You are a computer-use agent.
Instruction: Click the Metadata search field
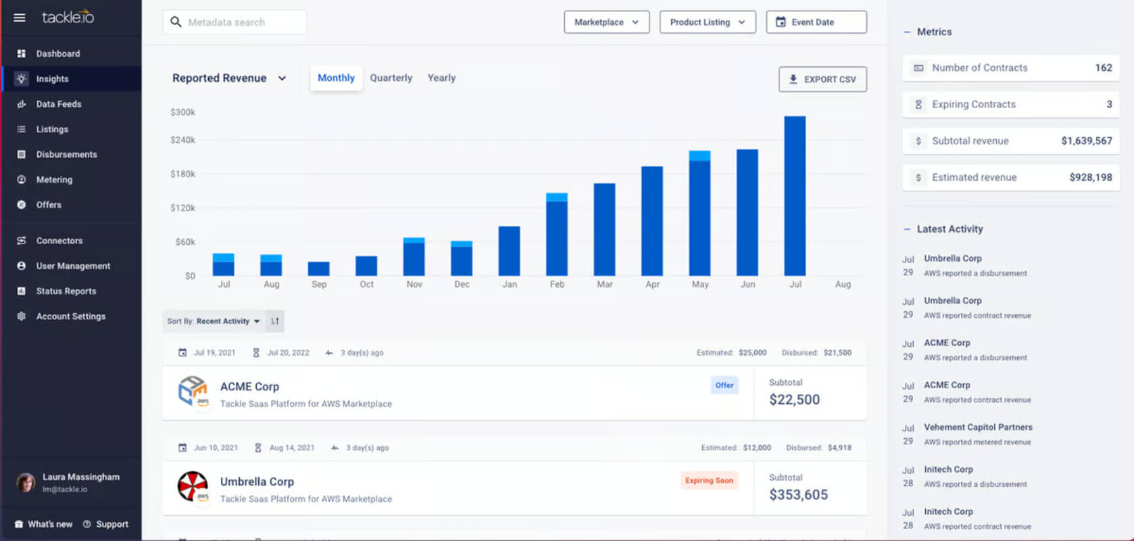point(235,22)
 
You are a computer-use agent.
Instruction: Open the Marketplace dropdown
point(606,22)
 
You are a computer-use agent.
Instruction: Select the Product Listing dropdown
point(708,22)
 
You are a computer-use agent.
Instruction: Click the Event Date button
point(816,22)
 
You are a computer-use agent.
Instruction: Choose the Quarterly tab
point(391,78)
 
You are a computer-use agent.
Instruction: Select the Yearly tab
point(441,78)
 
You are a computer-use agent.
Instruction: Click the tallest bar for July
point(795,196)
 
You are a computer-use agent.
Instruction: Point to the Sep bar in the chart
point(318,268)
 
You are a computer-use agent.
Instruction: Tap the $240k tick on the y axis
point(182,140)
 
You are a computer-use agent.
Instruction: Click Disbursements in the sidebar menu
point(66,154)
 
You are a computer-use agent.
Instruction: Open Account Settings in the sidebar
point(71,316)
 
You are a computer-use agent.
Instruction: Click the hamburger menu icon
point(19,18)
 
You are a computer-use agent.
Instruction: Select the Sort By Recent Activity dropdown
point(214,321)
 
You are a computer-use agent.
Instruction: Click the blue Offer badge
point(724,385)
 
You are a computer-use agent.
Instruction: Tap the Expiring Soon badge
point(709,480)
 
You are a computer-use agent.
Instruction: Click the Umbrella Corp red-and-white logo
point(193,486)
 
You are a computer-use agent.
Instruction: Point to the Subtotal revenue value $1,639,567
point(1087,141)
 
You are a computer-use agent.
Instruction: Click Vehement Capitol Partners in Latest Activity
point(978,427)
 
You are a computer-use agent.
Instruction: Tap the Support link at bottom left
point(112,524)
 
